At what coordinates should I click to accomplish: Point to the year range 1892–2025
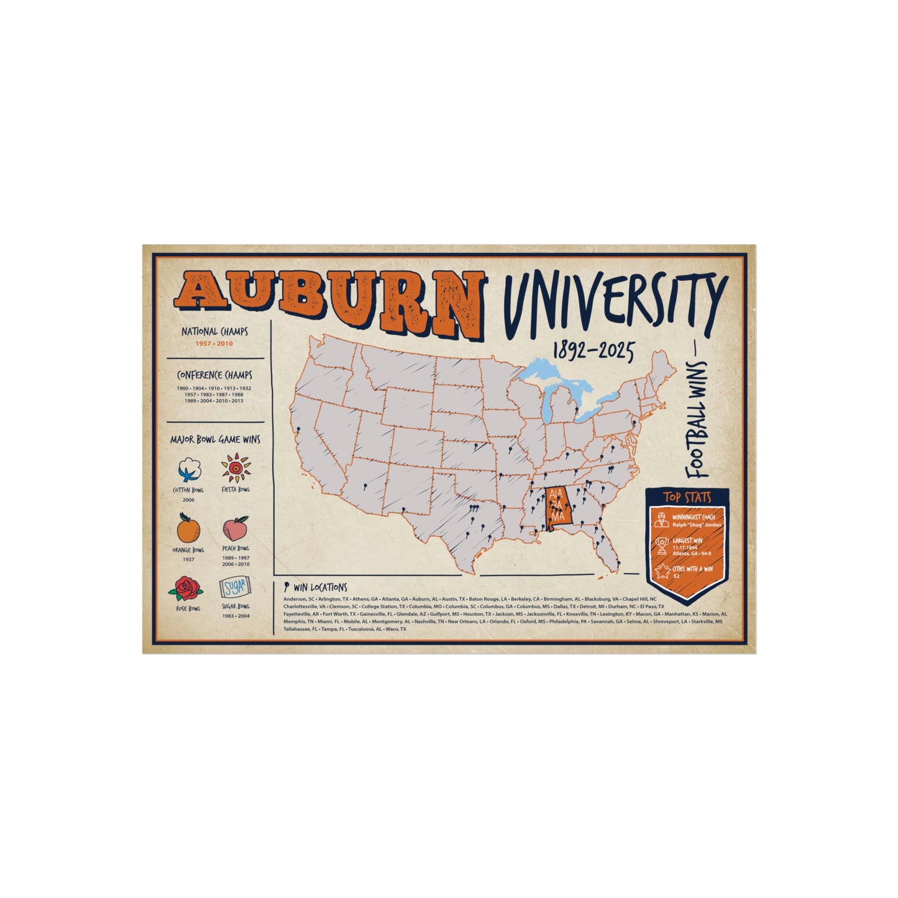(593, 352)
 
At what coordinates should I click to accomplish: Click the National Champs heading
(214, 332)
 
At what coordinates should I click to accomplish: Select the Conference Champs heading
(214, 375)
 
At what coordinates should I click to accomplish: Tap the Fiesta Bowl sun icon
(236, 469)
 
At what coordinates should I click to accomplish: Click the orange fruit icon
(188, 528)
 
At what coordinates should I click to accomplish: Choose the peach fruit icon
(236, 529)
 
